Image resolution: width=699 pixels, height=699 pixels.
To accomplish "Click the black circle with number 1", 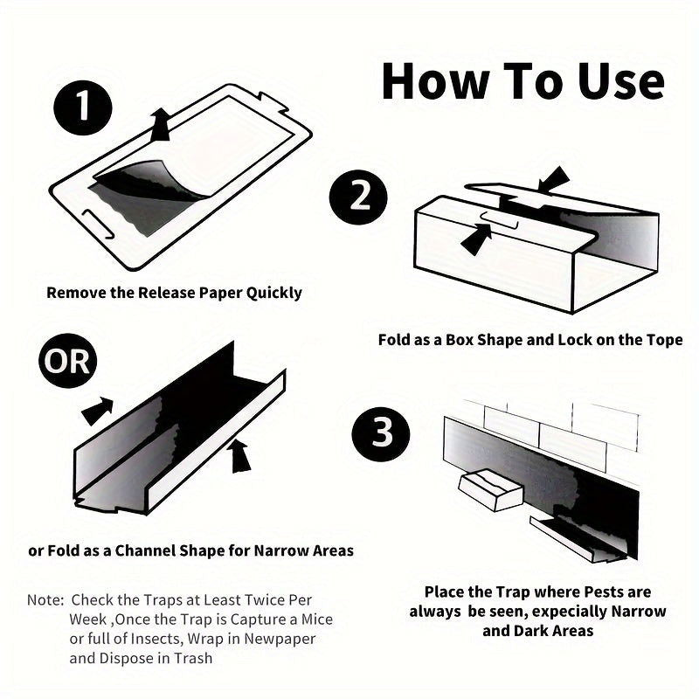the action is pyautogui.click(x=83, y=107).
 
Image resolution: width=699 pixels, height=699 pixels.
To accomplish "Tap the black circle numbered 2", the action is pyautogui.click(x=358, y=197).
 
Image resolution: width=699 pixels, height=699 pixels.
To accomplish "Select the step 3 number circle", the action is pyautogui.click(x=381, y=434).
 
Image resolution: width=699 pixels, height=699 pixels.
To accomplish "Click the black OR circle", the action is pyautogui.click(x=68, y=361).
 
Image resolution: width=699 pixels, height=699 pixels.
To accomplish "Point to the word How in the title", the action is pyautogui.click(x=435, y=81).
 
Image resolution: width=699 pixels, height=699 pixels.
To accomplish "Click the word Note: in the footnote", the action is pyautogui.click(x=46, y=600).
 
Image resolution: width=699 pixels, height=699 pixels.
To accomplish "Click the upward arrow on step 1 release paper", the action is pyautogui.click(x=161, y=124).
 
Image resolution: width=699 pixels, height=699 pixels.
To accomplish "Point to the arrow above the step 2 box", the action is pyautogui.click(x=553, y=179).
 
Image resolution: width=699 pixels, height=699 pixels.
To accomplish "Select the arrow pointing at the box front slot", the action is pyautogui.click(x=476, y=239).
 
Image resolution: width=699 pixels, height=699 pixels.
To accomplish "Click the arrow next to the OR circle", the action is pyautogui.click(x=98, y=411).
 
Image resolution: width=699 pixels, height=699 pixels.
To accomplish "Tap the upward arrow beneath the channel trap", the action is pyautogui.click(x=239, y=455).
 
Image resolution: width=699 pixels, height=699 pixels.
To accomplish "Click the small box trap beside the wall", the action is pyautogui.click(x=490, y=489).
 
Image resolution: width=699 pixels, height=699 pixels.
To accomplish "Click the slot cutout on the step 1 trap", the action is pyautogui.click(x=98, y=224).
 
